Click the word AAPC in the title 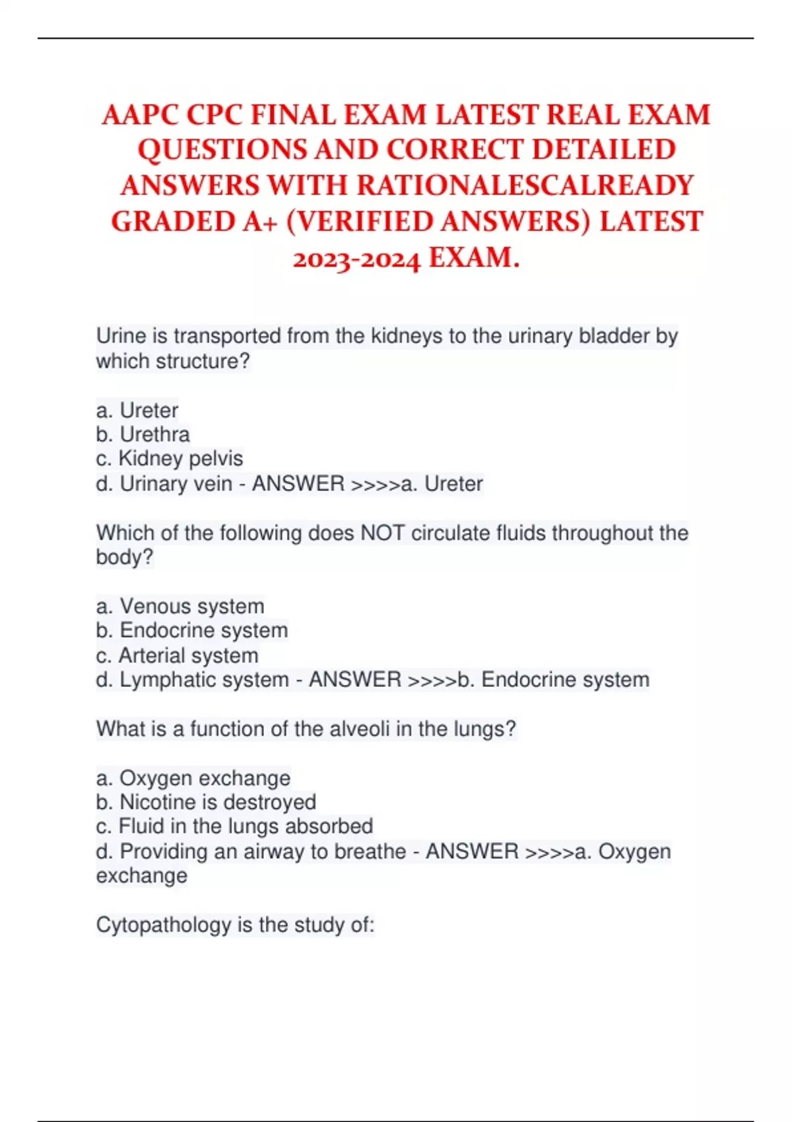(x=140, y=115)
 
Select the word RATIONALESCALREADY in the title (x=525, y=186)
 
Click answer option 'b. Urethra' (x=143, y=434)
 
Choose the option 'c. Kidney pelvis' (x=169, y=459)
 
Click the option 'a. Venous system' (x=180, y=606)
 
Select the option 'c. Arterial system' (x=177, y=655)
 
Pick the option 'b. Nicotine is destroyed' (x=206, y=802)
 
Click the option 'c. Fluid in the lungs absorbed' (x=234, y=826)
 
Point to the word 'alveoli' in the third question (x=360, y=729)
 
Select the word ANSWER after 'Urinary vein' (x=298, y=484)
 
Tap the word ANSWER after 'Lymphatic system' (x=355, y=680)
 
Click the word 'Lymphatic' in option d (x=162, y=680)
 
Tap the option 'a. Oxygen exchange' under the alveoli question (x=193, y=778)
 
